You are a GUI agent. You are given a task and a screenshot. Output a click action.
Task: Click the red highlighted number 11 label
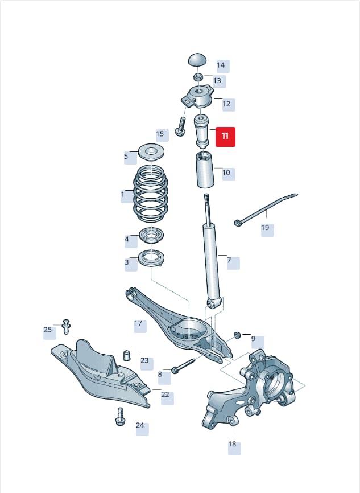tap(225, 137)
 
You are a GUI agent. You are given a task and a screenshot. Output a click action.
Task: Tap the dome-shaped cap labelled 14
tap(197, 60)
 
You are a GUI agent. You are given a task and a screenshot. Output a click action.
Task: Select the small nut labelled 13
tap(197, 77)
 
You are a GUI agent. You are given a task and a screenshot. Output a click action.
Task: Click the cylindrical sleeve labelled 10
tap(205, 170)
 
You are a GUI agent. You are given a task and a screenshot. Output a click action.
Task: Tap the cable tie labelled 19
tap(266, 209)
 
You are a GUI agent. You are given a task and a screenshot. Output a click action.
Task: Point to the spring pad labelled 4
tap(151, 236)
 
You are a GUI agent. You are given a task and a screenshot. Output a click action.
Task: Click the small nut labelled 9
tap(237, 335)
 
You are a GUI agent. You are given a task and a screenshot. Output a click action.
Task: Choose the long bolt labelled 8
tap(183, 365)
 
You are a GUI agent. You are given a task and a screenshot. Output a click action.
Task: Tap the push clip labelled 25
tap(66, 327)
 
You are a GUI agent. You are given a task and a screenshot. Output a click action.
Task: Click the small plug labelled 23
tap(126, 355)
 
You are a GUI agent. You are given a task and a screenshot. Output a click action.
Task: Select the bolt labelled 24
tap(120, 417)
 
